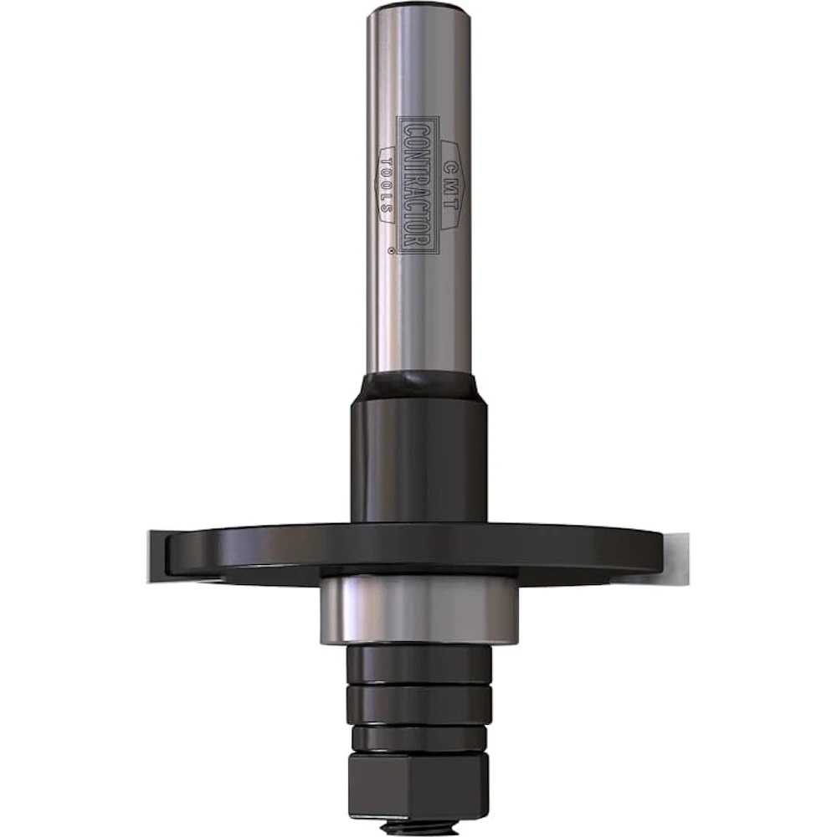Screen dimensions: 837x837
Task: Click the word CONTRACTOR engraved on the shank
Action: click(x=417, y=185)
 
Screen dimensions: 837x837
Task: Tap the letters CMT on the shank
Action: click(x=449, y=184)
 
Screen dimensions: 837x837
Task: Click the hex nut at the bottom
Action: click(x=418, y=788)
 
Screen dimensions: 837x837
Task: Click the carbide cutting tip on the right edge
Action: click(x=675, y=557)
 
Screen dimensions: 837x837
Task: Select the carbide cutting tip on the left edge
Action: click(x=157, y=557)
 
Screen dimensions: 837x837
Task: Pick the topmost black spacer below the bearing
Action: click(x=418, y=665)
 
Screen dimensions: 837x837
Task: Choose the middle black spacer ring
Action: click(x=418, y=704)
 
